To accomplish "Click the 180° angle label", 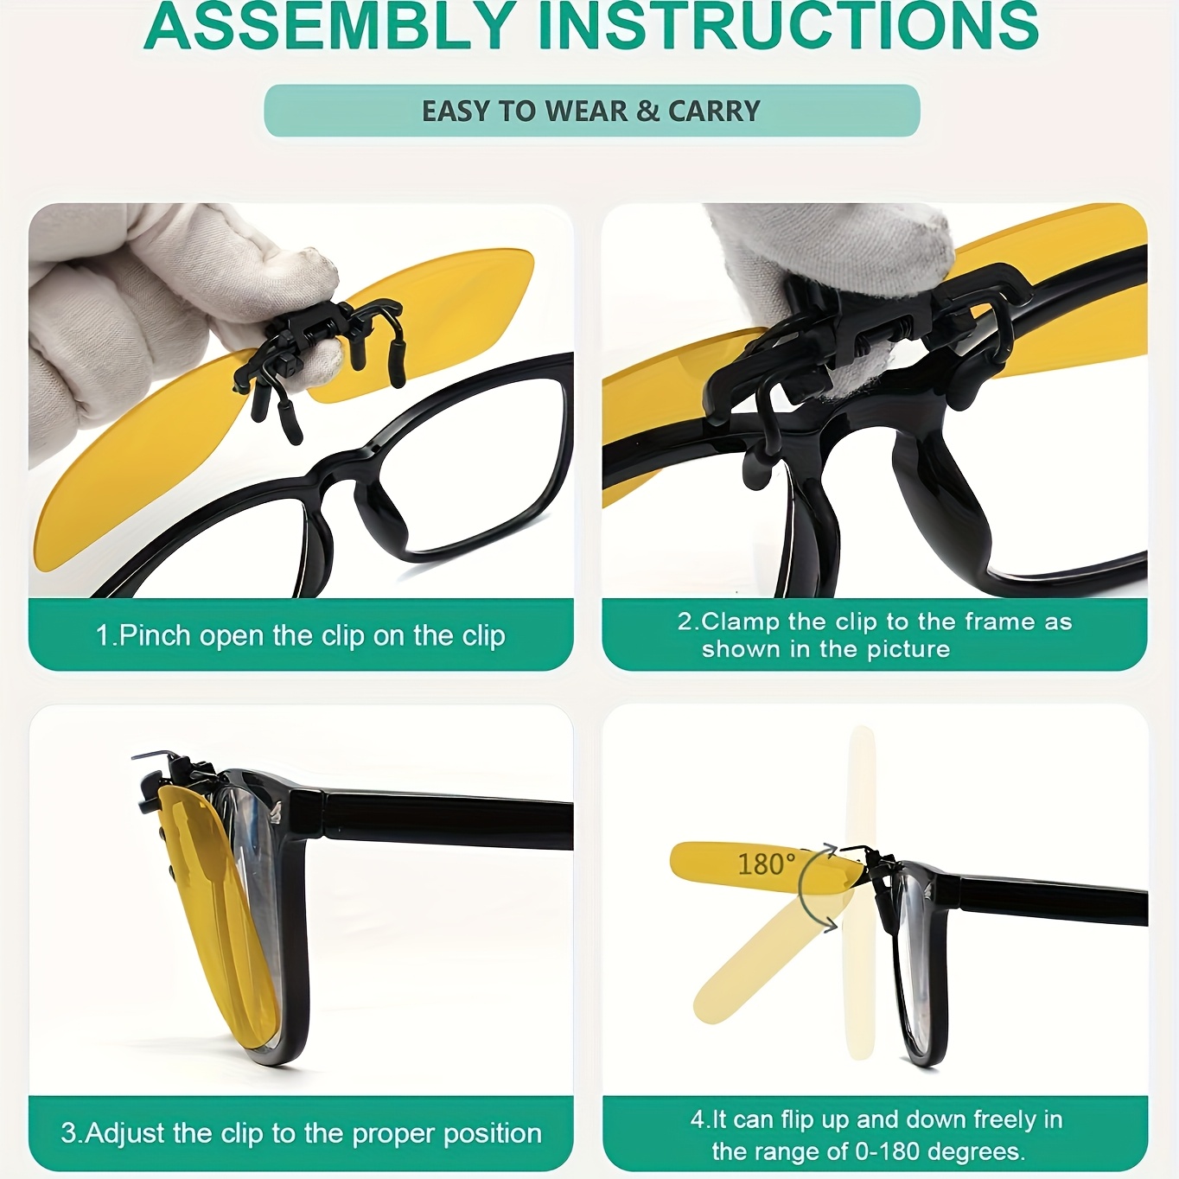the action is pyautogui.click(x=767, y=864).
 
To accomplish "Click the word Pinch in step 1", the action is pyautogui.click(x=155, y=635).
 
